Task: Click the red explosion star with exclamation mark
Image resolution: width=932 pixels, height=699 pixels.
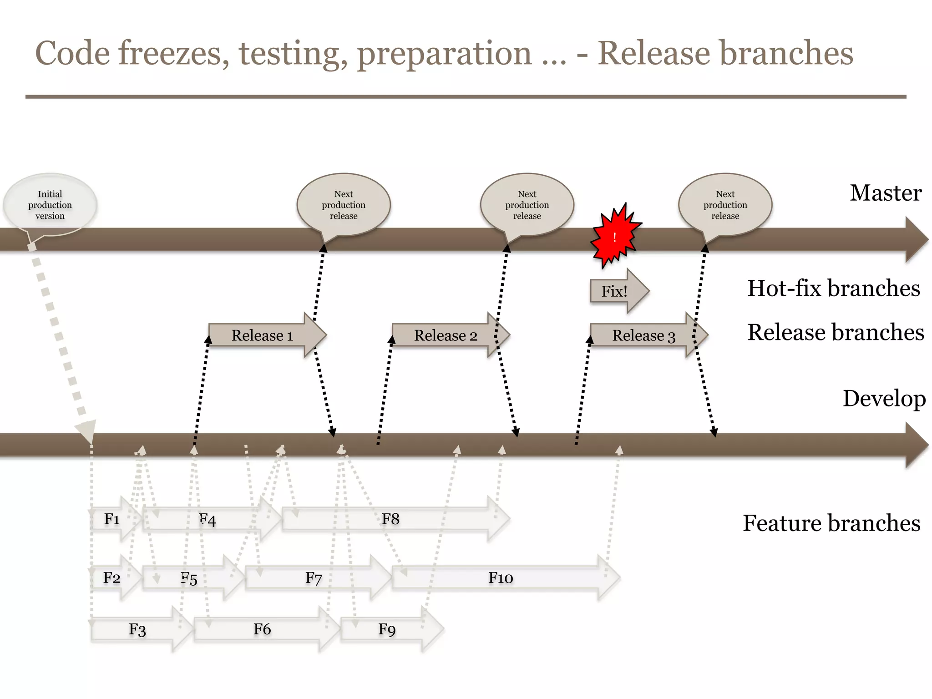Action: click(615, 236)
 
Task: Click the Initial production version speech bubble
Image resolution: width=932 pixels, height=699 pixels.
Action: click(50, 205)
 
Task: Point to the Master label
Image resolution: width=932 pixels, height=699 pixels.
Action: click(885, 193)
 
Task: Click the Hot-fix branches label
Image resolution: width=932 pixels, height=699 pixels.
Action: click(833, 288)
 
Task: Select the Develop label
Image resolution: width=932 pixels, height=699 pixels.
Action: click(884, 398)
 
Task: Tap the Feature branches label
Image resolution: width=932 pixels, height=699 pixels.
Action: click(831, 523)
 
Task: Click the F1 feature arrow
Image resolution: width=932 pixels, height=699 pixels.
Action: click(112, 519)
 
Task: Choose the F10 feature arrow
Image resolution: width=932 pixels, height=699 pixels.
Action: click(501, 577)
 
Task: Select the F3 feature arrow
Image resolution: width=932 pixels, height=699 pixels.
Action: click(137, 629)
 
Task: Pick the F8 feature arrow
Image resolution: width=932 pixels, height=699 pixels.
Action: click(390, 519)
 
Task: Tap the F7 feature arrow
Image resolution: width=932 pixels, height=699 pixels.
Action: click(314, 578)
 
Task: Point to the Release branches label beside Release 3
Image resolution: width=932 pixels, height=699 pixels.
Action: click(836, 332)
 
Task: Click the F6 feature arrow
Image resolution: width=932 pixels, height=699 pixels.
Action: click(262, 629)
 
